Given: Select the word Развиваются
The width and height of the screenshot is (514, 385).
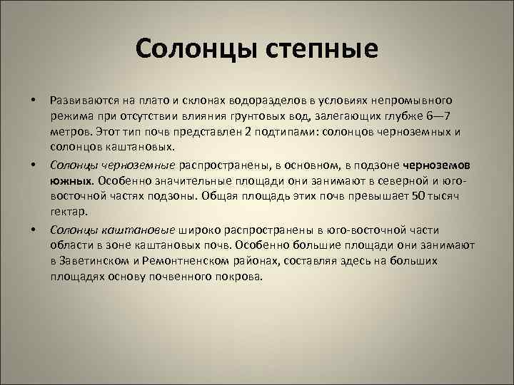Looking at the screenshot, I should tap(83, 101).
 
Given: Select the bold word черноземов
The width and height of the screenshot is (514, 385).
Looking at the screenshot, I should tap(441, 164).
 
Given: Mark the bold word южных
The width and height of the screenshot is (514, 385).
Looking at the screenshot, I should tap(73, 180).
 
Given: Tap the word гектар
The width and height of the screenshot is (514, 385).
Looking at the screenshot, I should tap(69, 212).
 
